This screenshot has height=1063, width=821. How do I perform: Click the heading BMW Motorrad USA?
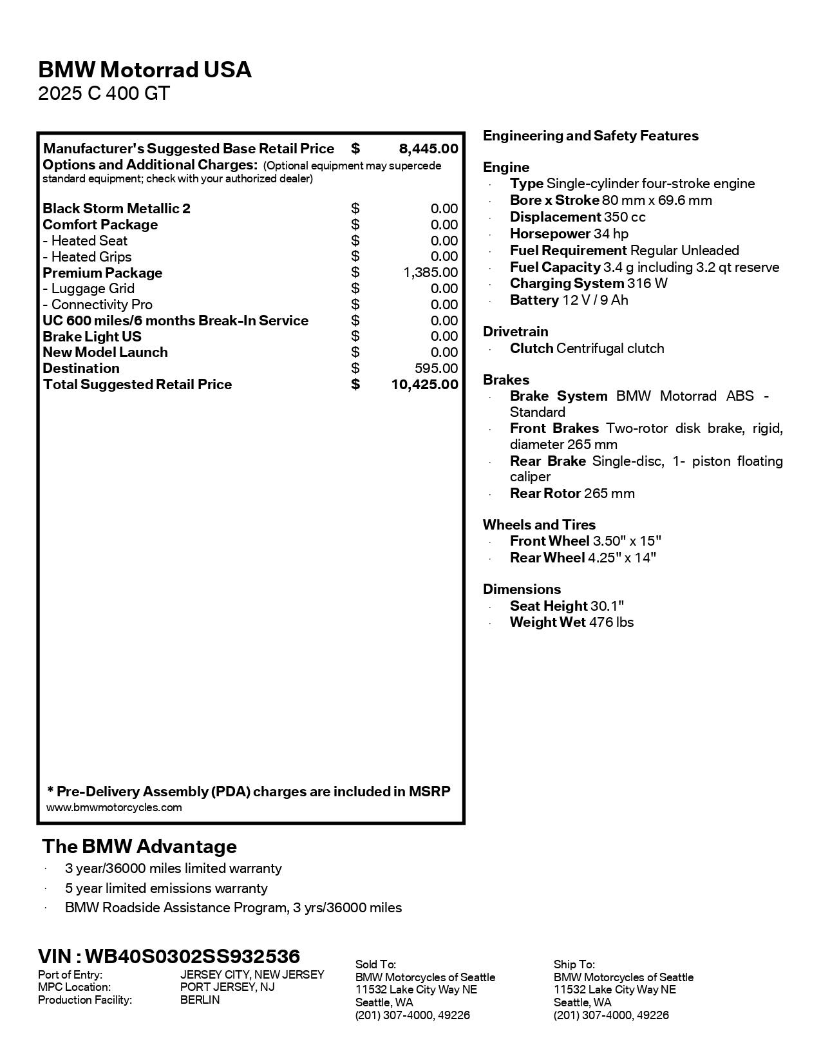[145, 70]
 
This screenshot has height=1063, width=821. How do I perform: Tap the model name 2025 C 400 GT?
[104, 94]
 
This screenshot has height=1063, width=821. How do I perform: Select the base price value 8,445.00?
[428, 149]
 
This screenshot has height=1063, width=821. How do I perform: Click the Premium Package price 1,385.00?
[431, 273]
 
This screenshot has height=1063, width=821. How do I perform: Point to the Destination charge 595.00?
[436, 369]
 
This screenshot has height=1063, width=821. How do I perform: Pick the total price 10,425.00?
[424, 385]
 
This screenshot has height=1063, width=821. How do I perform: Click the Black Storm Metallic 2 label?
[117, 209]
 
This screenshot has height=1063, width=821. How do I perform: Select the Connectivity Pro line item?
[98, 305]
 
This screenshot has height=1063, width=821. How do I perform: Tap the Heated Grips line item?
[88, 256]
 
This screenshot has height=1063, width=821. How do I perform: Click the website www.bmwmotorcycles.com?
[114, 808]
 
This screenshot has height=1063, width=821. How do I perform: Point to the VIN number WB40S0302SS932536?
[192, 956]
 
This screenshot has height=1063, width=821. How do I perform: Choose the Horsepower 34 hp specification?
[569, 234]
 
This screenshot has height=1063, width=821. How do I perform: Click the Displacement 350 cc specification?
[577, 217]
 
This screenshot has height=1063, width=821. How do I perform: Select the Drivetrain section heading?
[515, 332]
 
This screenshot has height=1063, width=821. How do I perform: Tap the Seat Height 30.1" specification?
[566, 606]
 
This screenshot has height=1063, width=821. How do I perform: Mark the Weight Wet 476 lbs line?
[571, 622]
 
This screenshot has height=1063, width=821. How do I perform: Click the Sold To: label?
[375, 964]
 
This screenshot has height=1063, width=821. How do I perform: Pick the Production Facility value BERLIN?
[200, 1000]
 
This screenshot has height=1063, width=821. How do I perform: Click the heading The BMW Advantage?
[139, 847]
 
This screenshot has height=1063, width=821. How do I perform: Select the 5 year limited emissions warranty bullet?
[165, 888]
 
